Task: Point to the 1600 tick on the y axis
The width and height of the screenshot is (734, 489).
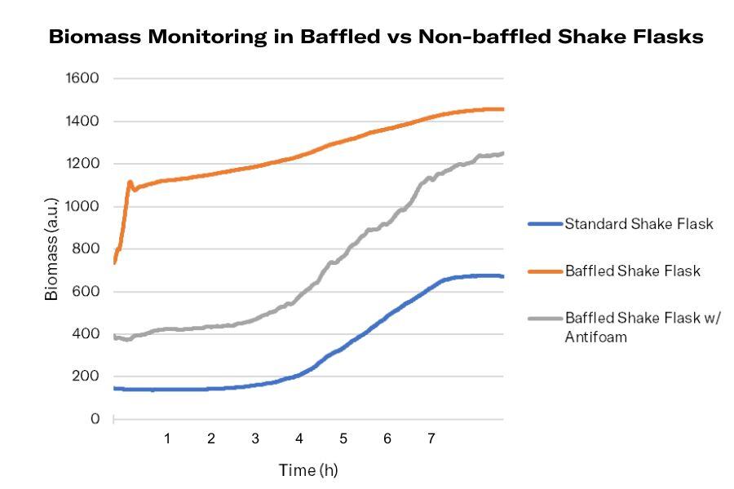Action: coord(82,79)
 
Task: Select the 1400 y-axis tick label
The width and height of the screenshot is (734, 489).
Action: coord(82,121)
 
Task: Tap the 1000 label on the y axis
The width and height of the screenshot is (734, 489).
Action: coord(82,206)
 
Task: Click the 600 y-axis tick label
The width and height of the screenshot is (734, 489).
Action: coord(86,292)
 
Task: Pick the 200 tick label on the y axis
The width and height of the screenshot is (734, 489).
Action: coord(86,377)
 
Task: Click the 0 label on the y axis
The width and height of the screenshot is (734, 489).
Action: coord(95,419)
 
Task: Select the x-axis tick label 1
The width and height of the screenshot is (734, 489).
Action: coord(167,439)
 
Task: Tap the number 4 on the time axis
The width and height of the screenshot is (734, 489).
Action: coord(299,439)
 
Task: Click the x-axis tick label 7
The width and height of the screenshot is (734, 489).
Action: coord(431,439)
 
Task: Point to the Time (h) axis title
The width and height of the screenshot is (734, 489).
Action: coord(308,470)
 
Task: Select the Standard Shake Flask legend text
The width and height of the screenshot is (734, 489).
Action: coord(639,224)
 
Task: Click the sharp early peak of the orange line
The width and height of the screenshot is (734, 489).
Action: coord(130,182)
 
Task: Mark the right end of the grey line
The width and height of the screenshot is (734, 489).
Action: coord(502,153)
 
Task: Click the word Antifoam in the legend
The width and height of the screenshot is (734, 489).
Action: coord(595,337)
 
